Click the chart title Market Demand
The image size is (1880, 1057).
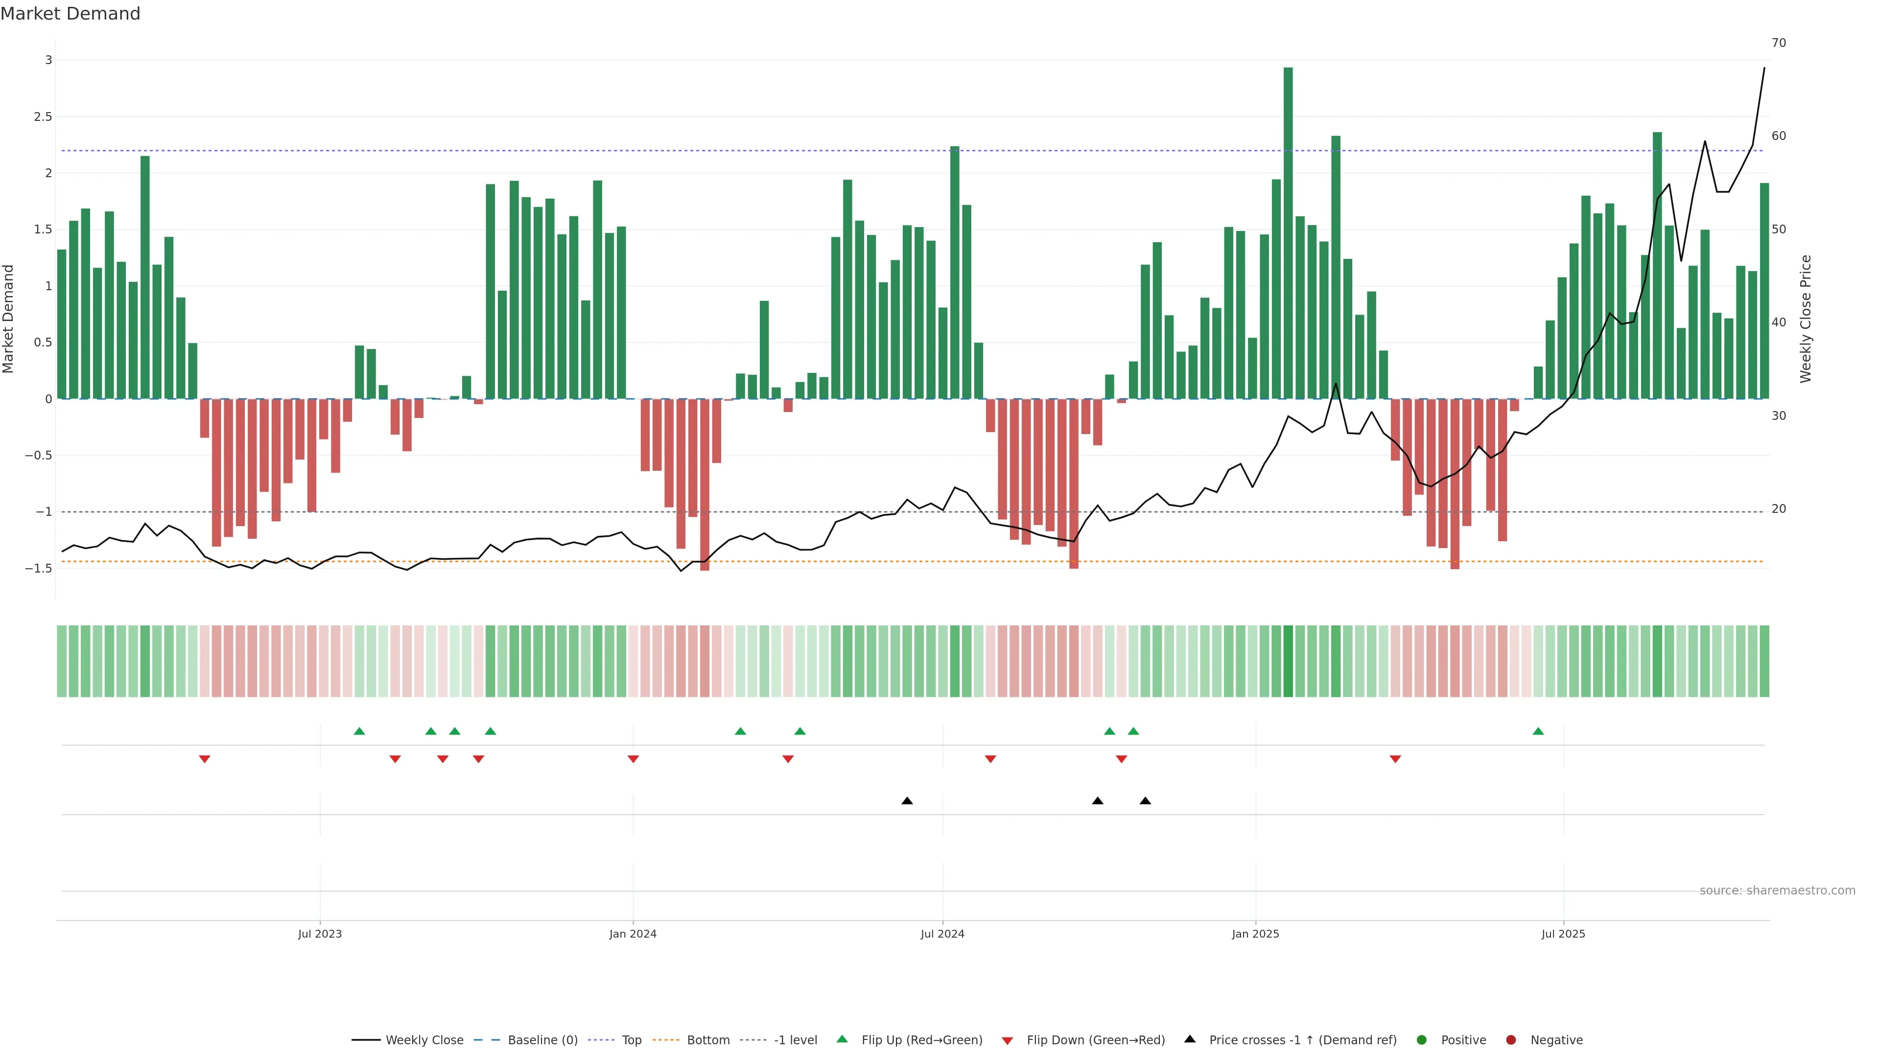coord(70,14)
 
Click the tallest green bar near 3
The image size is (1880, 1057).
coord(1288,233)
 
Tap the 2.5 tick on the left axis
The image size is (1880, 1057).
coord(43,117)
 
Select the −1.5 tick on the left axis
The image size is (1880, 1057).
coord(39,568)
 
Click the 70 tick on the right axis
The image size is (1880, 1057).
coord(1779,43)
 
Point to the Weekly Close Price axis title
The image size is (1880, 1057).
coord(1806,319)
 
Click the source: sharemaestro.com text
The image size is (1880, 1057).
coord(1777,891)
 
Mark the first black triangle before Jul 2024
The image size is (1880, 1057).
coord(907,801)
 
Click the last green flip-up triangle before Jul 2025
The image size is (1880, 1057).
coord(1538,732)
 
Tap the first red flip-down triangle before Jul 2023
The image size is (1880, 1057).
coord(204,759)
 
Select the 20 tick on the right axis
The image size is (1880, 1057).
coord(1779,509)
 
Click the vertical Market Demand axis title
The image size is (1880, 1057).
coord(8,319)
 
